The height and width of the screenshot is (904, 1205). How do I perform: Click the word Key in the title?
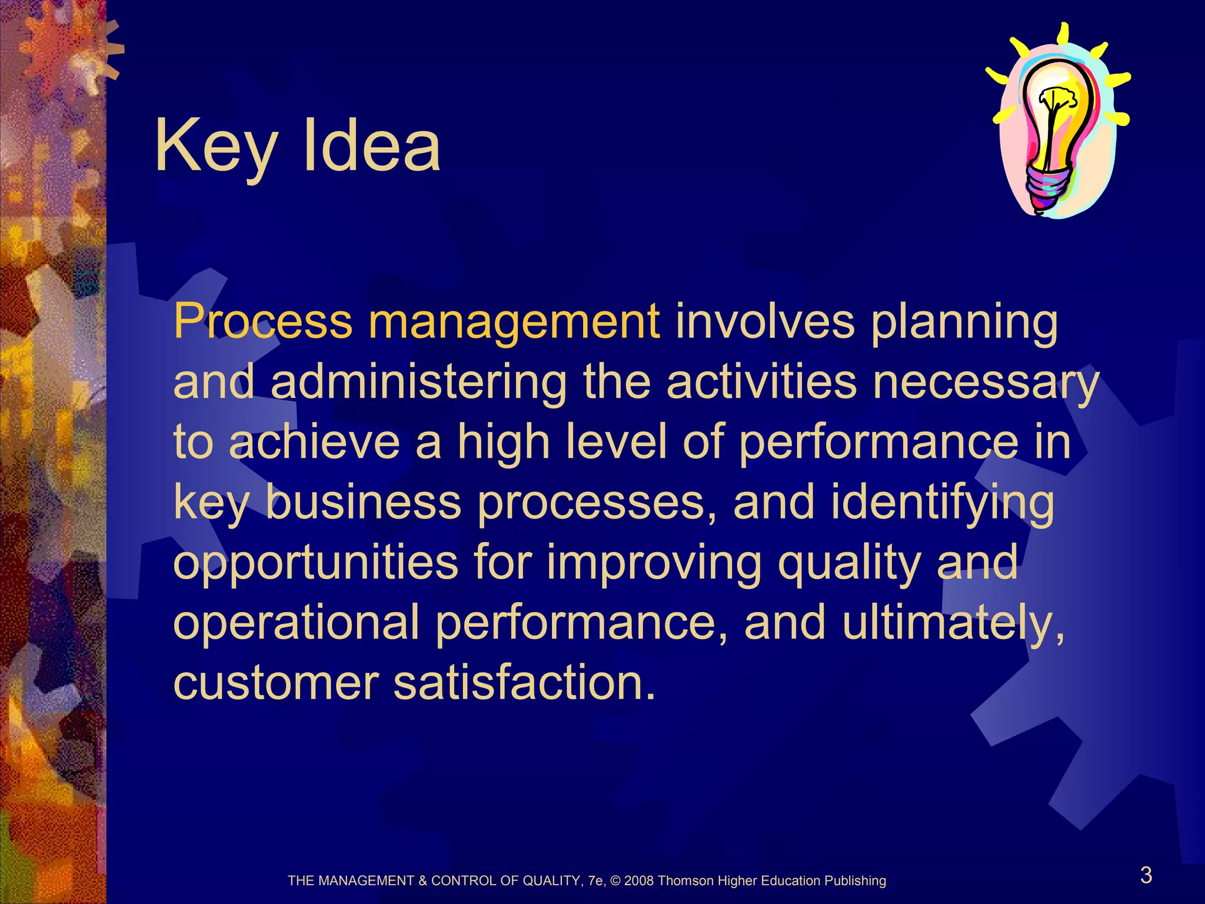[215, 146]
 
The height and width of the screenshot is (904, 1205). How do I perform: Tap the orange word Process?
[262, 322]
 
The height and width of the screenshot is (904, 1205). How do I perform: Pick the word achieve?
[315, 443]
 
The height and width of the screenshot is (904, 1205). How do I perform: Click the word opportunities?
[315, 564]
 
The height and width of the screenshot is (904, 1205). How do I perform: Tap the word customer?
[276, 683]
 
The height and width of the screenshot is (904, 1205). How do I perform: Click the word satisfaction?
[524, 683]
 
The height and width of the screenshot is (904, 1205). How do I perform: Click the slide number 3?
[1146, 875]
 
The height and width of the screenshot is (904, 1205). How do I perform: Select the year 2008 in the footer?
[639, 881]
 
